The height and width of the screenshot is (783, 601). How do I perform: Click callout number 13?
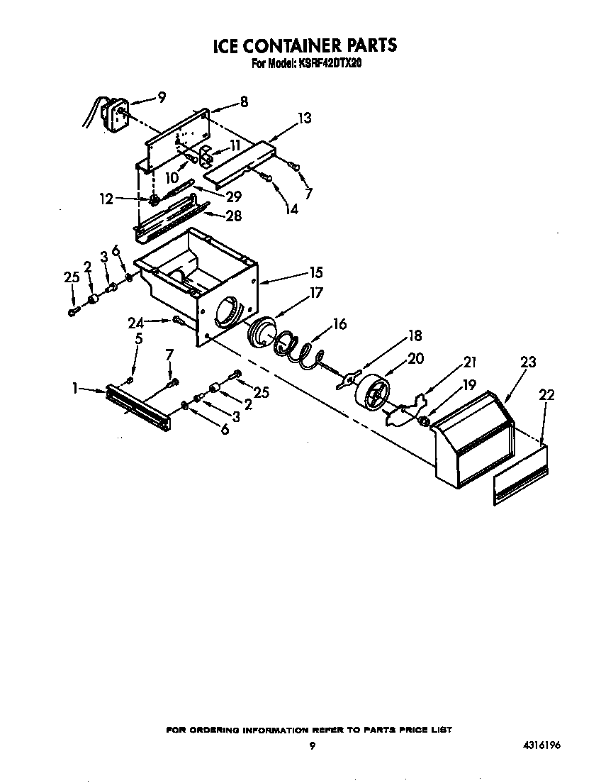[304, 118]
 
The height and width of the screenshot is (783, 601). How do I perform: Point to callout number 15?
[315, 272]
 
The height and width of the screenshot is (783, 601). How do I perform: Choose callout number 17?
[315, 292]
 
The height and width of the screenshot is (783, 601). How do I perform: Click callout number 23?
[528, 362]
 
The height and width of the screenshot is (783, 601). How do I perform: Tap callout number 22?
[546, 395]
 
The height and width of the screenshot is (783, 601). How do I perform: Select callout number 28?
[233, 216]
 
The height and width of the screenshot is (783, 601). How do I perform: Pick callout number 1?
[74, 388]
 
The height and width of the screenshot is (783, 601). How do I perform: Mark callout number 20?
[415, 358]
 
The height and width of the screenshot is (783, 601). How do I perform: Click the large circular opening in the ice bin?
[226, 312]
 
